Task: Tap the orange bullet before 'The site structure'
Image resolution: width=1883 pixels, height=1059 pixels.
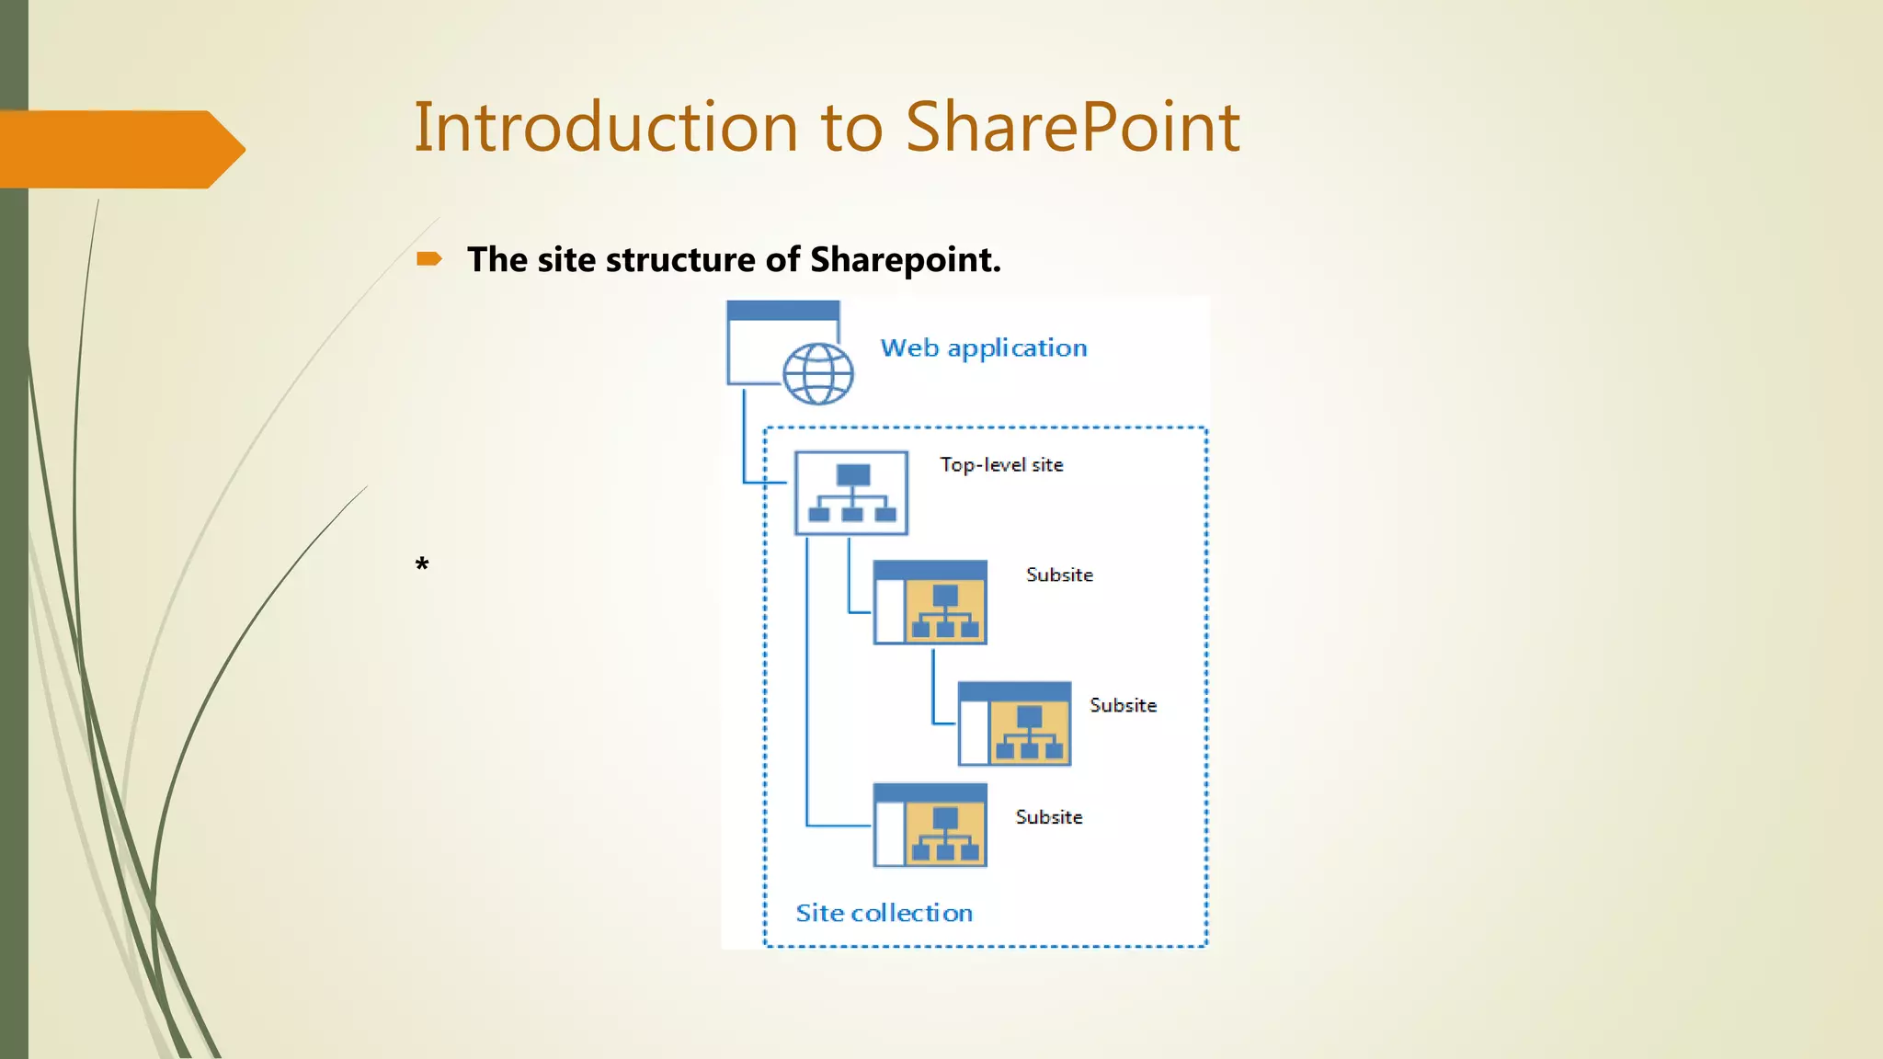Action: pos(428,259)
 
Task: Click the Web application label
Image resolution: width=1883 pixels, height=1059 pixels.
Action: pos(983,347)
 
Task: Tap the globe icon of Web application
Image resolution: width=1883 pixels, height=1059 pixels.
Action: pos(817,374)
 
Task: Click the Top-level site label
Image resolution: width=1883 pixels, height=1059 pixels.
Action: pos(1001,465)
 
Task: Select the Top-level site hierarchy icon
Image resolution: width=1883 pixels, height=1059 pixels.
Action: pos(851,493)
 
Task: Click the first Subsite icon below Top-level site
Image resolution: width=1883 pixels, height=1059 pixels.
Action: pos(930,602)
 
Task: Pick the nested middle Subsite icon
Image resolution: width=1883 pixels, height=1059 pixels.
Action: pos(1014,723)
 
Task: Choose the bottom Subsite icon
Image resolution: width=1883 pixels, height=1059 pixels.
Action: pos(930,825)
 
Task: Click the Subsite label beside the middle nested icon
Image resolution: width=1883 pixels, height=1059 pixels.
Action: pos(1123,705)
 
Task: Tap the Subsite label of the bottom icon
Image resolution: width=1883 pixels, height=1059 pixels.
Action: pos(1048,817)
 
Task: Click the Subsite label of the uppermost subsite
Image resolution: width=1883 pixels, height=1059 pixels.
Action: pos(1059,575)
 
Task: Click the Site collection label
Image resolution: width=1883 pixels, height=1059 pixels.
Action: pos(884,913)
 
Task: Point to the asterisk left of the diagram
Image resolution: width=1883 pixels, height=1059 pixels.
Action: pos(422,564)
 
